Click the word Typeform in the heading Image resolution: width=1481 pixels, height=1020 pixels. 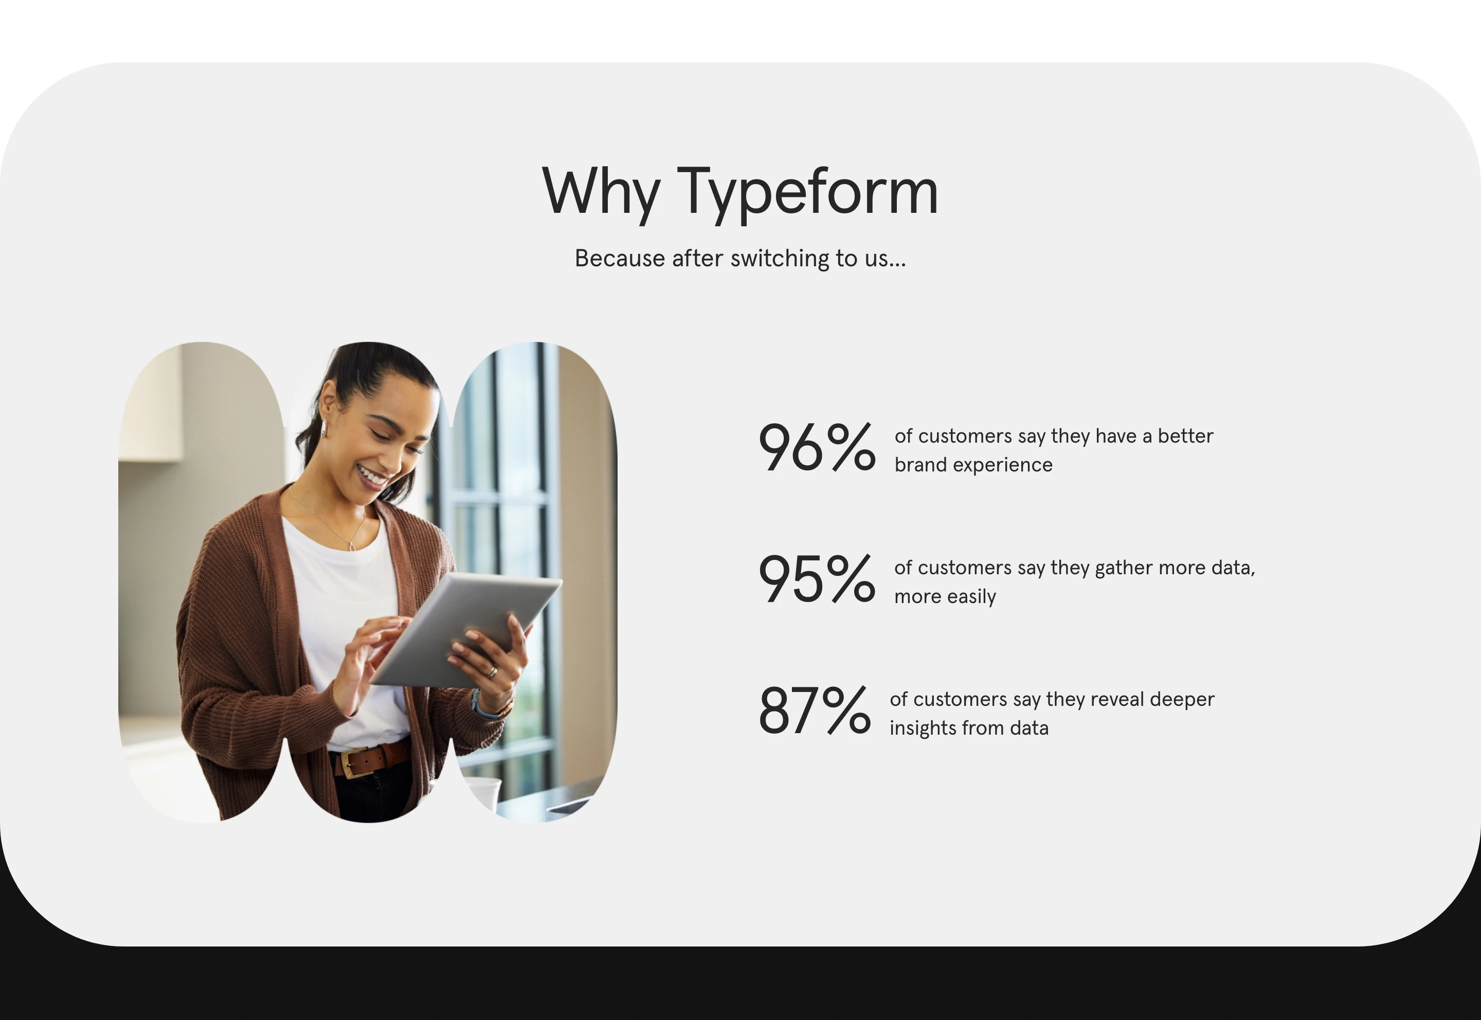pyautogui.click(x=807, y=192)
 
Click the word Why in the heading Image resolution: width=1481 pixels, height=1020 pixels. pyautogui.click(x=601, y=192)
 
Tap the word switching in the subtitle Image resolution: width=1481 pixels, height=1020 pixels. pyautogui.click(x=780, y=258)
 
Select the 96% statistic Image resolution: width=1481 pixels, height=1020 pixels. pyautogui.click(x=816, y=448)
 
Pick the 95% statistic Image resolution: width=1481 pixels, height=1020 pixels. pyautogui.click(x=816, y=579)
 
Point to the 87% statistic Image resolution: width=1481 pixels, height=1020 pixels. pyautogui.click(x=814, y=712)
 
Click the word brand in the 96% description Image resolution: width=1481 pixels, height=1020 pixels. pyautogui.click(x=920, y=465)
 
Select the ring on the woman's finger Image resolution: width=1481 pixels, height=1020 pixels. pyautogui.click(x=492, y=671)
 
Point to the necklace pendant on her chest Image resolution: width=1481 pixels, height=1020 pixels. pyautogui.click(x=352, y=546)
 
